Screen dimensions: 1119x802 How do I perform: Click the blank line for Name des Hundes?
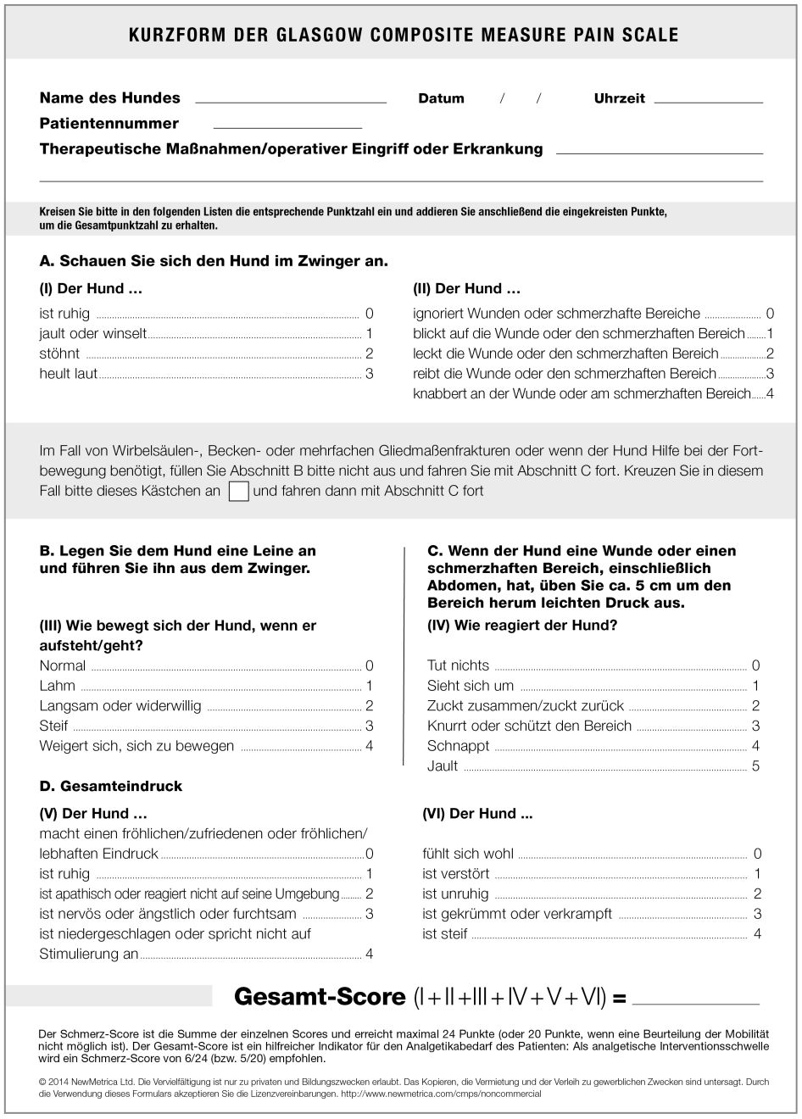291,100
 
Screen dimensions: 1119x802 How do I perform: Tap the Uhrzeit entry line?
709,100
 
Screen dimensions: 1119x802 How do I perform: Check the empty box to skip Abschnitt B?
239,491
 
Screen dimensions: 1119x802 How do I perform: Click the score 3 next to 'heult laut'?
369,374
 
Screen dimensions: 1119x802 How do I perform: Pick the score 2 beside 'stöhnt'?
369,354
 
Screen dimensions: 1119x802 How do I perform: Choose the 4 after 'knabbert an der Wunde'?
770,394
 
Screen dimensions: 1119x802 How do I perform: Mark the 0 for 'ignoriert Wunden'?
770,314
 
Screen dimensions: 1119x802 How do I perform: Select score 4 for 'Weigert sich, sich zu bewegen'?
369,746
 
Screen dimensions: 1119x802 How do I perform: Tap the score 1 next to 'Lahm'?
369,686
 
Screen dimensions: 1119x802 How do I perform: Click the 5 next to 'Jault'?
755,766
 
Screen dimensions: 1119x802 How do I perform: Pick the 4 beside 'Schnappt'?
755,746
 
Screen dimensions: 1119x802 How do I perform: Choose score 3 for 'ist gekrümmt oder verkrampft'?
757,914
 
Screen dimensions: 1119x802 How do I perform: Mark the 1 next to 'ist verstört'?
757,874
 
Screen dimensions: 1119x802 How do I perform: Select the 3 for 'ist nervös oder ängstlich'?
369,914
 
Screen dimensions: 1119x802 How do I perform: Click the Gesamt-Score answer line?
696,1002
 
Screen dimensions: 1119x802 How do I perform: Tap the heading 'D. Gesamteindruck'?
111,787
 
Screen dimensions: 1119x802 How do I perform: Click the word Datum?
441,98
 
